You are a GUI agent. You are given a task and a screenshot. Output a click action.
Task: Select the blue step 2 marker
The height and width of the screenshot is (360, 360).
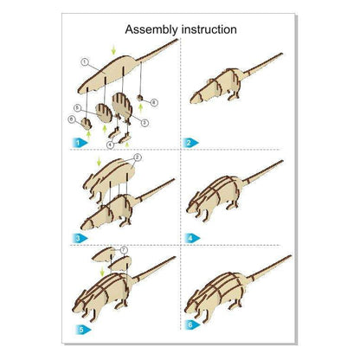pyautogui.click(x=192, y=141)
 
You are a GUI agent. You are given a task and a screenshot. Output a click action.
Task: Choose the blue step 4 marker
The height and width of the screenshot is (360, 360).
pyautogui.click(x=192, y=235)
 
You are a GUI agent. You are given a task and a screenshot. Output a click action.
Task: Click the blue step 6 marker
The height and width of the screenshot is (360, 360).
pyautogui.click(x=192, y=324)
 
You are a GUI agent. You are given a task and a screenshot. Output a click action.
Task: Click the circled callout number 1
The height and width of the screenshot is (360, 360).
pyautogui.click(x=84, y=62)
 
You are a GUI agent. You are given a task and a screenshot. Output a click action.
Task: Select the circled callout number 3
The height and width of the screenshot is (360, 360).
pyautogui.click(x=145, y=124)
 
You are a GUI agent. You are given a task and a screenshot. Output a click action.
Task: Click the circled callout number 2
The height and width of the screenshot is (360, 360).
pyautogui.click(x=137, y=159)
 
